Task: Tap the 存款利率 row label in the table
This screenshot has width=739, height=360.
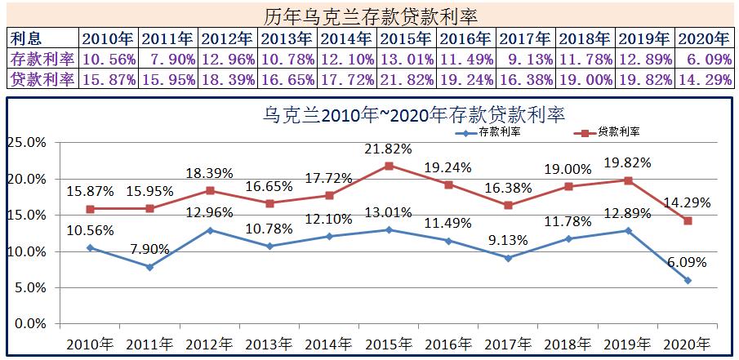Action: (42, 59)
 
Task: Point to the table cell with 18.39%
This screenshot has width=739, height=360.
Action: (229, 79)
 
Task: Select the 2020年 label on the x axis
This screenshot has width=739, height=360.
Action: (686, 344)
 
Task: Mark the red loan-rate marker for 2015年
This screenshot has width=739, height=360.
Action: (390, 166)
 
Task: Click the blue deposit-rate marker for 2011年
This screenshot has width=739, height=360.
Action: (149, 267)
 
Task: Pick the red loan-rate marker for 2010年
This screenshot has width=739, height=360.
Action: (90, 209)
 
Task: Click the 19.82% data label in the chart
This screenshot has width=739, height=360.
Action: (628, 162)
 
